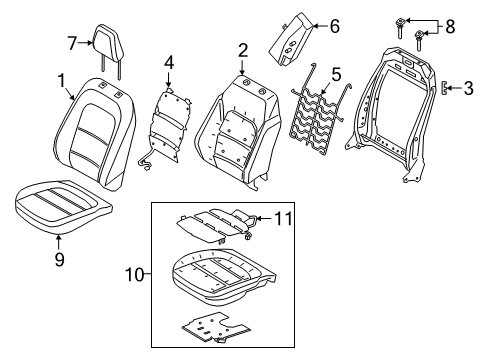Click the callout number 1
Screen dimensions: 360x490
click(63, 79)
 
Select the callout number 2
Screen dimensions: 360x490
click(242, 50)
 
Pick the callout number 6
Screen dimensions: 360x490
click(334, 26)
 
